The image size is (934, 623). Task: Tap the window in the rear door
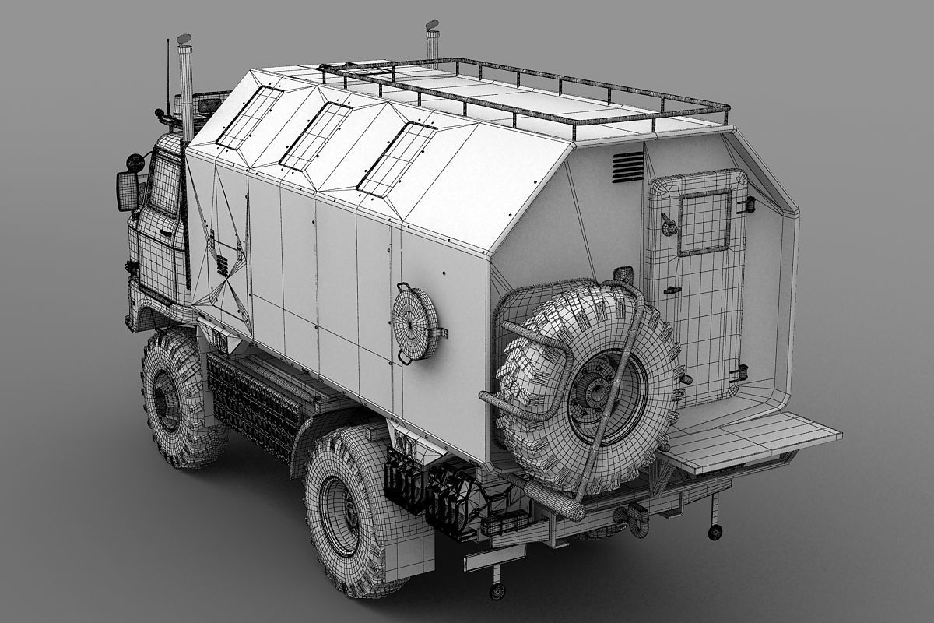tap(704, 223)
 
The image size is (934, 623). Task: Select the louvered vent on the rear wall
tap(627, 167)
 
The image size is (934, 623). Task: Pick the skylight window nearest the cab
tap(250, 117)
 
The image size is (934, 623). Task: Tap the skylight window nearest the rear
tap(396, 158)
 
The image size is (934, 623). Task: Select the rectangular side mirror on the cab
tap(127, 191)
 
